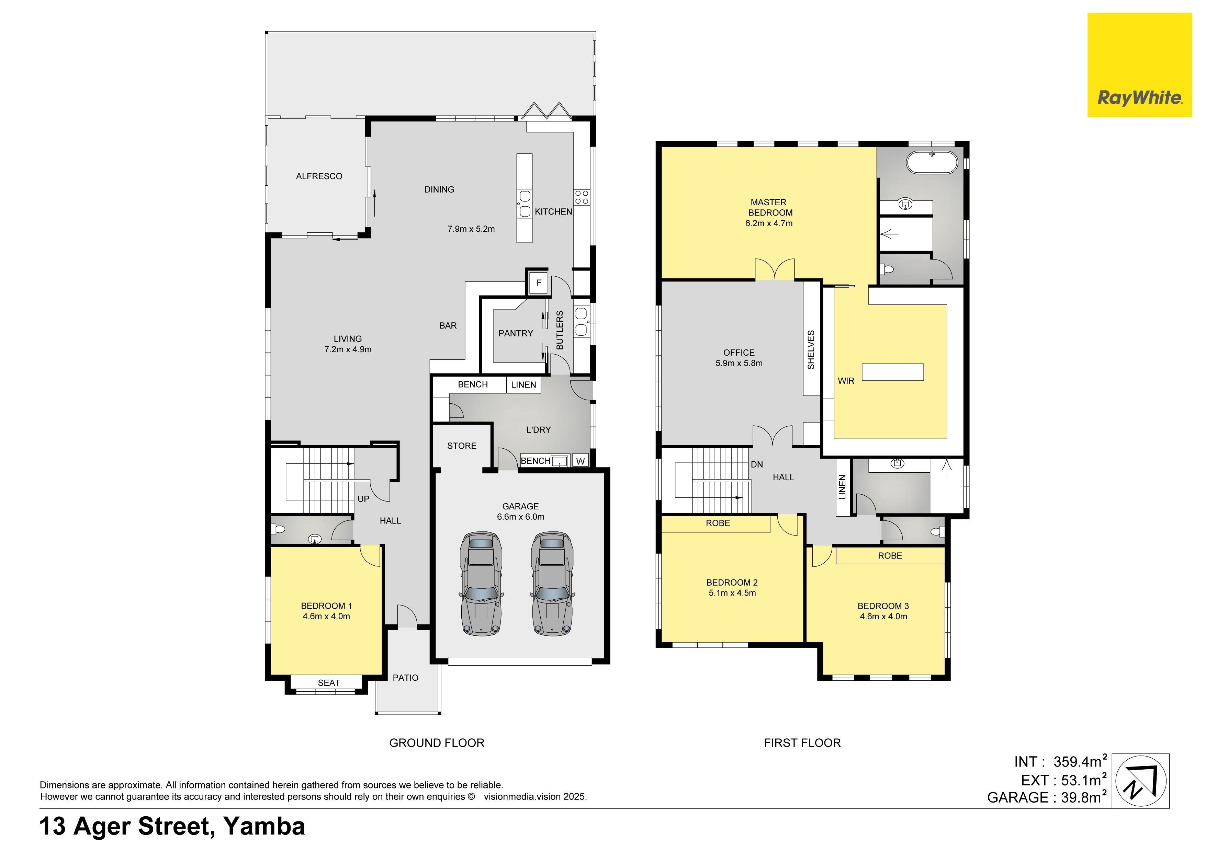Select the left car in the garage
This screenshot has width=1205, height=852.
pos(481,583)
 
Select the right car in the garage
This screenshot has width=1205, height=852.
pos(552,583)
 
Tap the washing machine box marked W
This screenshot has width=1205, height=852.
pos(581,461)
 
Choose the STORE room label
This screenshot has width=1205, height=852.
pos(462,446)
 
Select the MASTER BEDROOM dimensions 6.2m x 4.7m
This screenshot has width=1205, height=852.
pos(769,223)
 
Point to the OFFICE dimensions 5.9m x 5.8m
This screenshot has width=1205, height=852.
pos(739,363)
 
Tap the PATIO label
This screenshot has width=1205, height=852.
pos(406,678)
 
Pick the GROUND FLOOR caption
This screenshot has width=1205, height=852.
pos(437,743)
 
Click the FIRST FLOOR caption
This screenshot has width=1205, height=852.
pos(802,743)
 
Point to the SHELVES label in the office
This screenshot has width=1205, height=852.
pos(811,349)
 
